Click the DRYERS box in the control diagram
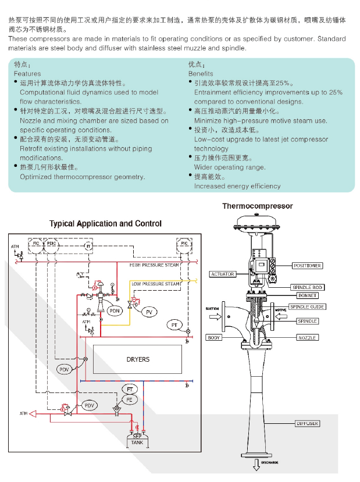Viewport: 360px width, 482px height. pos(138,359)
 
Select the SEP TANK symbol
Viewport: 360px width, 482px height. pos(137,440)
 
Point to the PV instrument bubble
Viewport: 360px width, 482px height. pos(149,312)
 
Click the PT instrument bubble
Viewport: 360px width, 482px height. pos(174,324)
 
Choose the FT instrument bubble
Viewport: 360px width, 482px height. pos(130,388)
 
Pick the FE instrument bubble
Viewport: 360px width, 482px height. pos(129,399)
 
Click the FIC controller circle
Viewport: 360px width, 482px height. pos(36,244)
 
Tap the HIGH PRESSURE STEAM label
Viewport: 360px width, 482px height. pos(154,265)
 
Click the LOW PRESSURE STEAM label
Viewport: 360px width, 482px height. pos(155,284)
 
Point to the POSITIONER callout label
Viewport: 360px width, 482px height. pos(307,266)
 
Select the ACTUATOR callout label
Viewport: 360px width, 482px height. pos(222,274)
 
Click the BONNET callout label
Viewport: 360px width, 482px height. pos(308,296)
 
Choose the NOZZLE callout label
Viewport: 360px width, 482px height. pos(308,338)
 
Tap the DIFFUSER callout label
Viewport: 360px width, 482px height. pos(307,424)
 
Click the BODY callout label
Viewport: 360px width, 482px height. pos(213,338)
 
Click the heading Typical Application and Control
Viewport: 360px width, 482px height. pos(105,224)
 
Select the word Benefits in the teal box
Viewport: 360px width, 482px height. pos(201,74)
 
